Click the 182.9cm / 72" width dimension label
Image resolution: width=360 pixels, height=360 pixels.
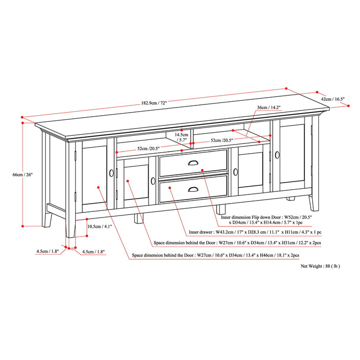coord(154,103)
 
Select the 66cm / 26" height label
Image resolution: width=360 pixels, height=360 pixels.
coord(23,175)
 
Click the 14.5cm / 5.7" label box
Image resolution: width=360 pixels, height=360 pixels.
coord(182,136)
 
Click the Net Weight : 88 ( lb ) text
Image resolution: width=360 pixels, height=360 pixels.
coord(320,266)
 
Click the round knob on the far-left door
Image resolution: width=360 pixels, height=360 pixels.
coord(111,173)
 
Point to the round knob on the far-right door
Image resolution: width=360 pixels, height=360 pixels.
coord(276,154)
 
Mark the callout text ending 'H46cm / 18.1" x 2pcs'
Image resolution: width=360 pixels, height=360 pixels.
coord(215,255)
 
